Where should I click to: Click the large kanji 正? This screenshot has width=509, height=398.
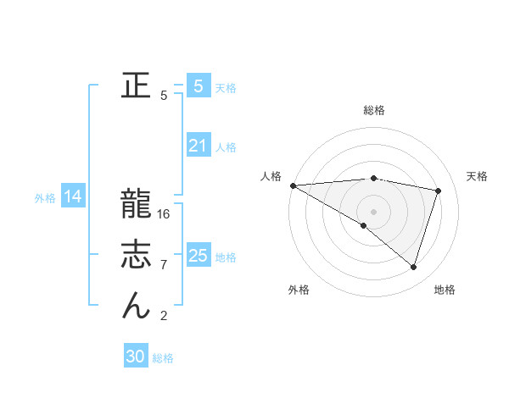click(x=136, y=86)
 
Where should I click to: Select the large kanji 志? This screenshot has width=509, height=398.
click(x=136, y=254)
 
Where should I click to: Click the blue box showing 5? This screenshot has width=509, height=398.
click(x=198, y=86)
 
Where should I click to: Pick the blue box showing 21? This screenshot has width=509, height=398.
click(x=198, y=146)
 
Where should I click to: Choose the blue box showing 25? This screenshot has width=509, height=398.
click(x=198, y=255)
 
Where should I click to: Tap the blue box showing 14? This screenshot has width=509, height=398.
click(x=73, y=196)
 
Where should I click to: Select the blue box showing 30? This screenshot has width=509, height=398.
click(x=136, y=357)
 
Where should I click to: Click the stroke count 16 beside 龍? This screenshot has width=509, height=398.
click(x=164, y=214)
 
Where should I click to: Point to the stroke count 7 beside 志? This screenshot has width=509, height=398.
click(x=164, y=265)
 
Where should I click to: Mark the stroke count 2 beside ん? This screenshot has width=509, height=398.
click(x=164, y=316)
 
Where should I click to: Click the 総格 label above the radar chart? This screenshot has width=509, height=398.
click(x=373, y=110)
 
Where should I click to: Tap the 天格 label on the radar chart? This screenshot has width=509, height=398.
click(x=477, y=176)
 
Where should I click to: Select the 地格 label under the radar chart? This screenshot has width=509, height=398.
click(x=445, y=290)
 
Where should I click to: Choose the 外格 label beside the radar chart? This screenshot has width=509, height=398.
click(x=299, y=290)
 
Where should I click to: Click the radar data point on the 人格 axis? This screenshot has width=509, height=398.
click(x=293, y=185)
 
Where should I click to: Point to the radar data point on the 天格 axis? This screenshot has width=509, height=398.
click(x=439, y=191)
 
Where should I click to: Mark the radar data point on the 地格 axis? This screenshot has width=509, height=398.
click(x=414, y=267)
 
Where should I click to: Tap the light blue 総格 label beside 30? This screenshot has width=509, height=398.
click(x=164, y=358)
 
